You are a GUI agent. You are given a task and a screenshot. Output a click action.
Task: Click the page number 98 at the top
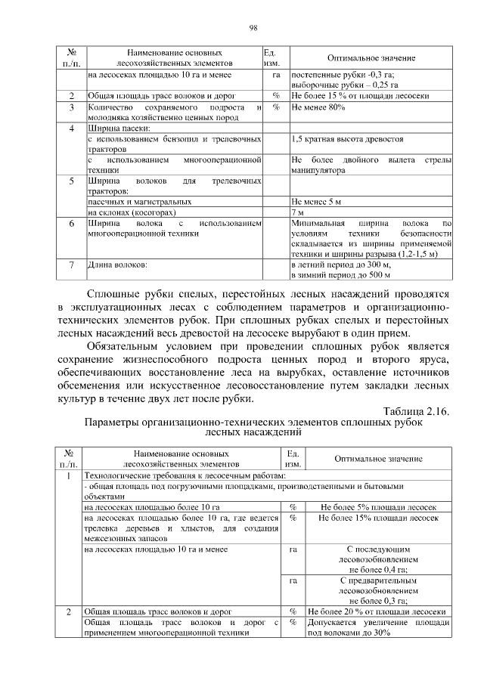tap(253, 28)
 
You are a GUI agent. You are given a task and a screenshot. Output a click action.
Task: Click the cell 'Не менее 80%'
tap(318, 107)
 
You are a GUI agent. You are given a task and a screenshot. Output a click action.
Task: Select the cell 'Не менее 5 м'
tap(317, 203)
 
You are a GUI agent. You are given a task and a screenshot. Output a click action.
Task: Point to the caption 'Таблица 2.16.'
tap(417, 410)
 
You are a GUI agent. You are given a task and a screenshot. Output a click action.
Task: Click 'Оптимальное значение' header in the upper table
tap(371, 58)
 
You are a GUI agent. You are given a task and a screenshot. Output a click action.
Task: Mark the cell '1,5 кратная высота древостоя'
tap(347, 139)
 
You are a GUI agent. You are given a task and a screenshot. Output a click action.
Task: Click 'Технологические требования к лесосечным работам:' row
tap(185, 475)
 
